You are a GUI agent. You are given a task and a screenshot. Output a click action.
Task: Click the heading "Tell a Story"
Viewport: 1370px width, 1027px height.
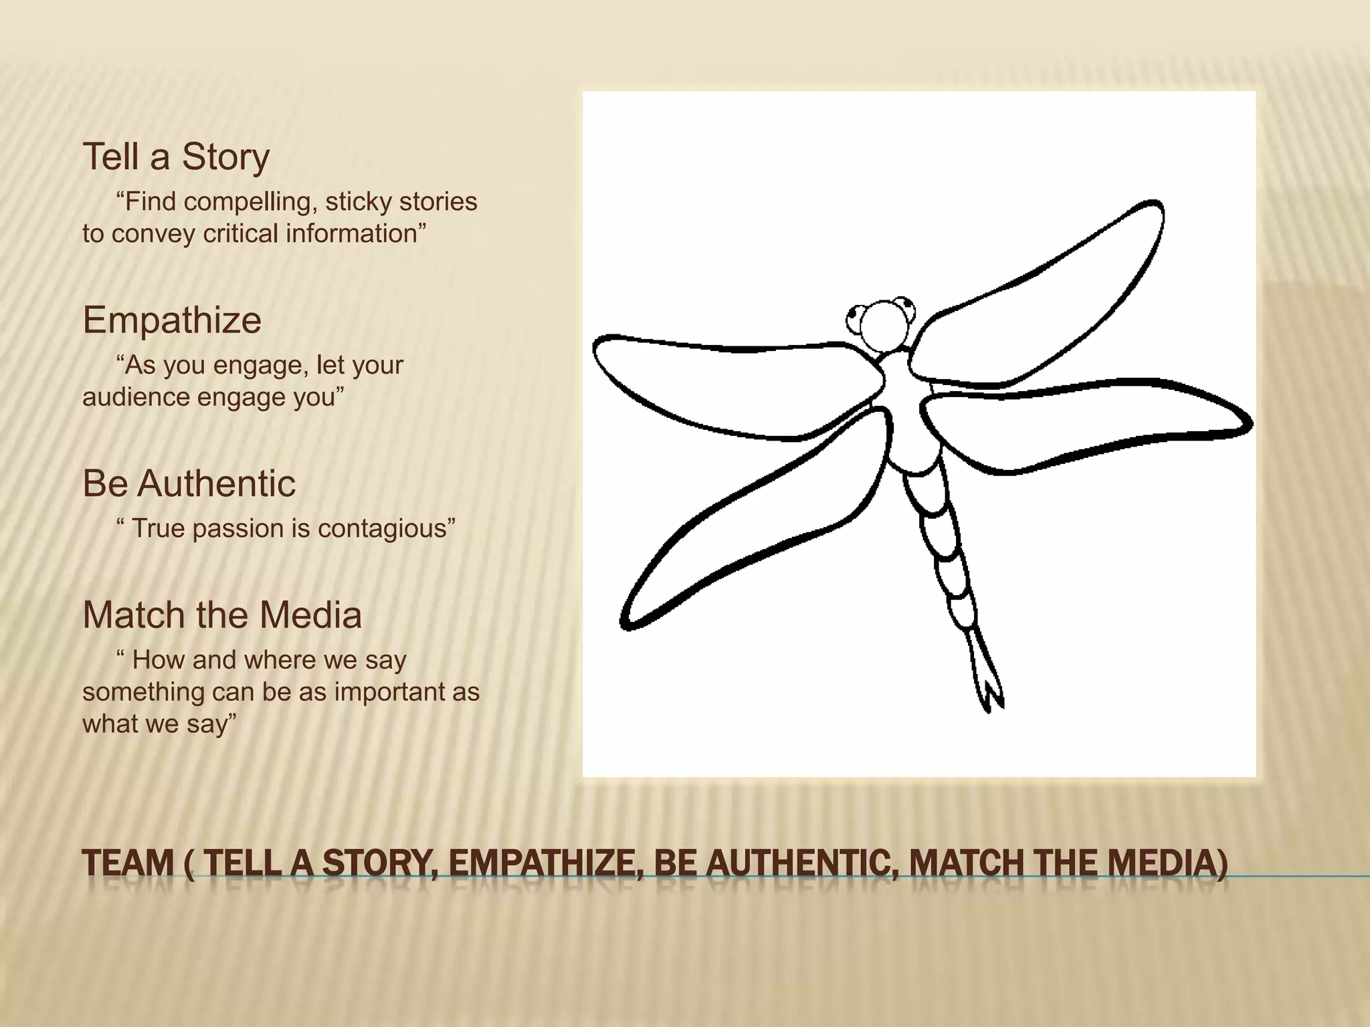tap(176, 157)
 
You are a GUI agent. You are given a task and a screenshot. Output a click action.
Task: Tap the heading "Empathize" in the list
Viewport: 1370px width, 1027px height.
tap(172, 320)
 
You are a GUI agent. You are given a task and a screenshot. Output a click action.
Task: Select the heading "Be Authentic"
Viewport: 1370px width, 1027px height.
tap(189, 483)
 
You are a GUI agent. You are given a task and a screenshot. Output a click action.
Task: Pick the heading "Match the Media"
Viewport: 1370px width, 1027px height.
tap(222, 615)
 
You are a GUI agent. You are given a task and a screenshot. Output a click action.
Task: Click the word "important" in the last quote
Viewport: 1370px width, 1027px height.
tap(391, 692)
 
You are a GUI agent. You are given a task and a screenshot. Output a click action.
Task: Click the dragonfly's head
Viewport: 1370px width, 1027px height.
tap(884, 325)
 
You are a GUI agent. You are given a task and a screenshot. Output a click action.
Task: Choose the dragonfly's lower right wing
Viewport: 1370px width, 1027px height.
tap(1084, 421)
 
